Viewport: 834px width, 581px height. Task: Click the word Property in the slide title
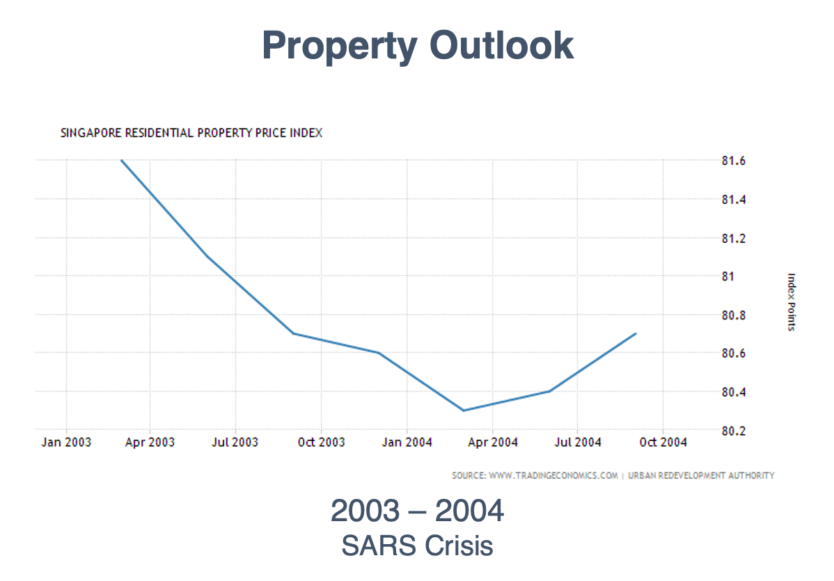click(x=340, y=46)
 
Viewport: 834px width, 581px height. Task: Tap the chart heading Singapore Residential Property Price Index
click(x=191, y=133)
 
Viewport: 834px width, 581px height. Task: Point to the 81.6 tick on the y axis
click(x=734, y=161)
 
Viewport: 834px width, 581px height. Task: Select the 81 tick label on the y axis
click(x=728, y=277)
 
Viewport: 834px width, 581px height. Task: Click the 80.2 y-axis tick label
click(x=734, y=431)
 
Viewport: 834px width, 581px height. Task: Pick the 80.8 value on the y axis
click(x=734, y=316)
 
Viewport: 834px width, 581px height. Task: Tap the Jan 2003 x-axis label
click(x=66, y=443)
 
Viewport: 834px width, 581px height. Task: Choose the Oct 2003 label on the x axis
click(x=321, y=443)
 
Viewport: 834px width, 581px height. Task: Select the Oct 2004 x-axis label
click(x=663, y=443)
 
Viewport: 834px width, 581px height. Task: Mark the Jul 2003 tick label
click(x=235, y=443)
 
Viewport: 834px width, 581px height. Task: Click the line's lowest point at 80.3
click(x=464, y=411)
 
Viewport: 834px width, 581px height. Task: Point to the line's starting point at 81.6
click(x=122, y=161)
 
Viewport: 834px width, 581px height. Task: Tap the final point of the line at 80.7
click(x=636, y=334)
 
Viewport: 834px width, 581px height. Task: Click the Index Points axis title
click(x=791, y=302)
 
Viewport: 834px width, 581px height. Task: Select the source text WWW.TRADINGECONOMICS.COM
click(x=553, y=476)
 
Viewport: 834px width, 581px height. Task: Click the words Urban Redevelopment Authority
click(x=701, y=476)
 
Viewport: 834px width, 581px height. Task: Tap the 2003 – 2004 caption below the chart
click(x=417, y=511)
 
